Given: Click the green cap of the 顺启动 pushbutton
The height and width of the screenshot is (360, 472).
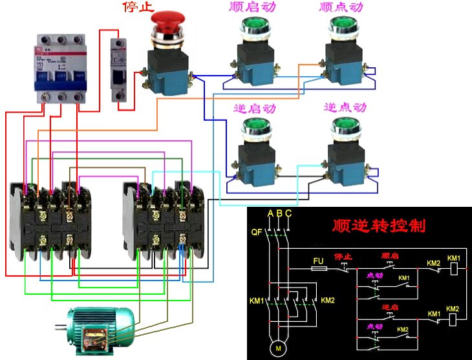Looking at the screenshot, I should tap(252, 26).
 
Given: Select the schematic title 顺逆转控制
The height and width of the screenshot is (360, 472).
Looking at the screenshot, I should tap(379, 226).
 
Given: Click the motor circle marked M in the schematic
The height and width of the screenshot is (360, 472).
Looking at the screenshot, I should tap(278, 348).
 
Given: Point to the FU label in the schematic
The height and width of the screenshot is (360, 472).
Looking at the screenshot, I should tap(318, 261).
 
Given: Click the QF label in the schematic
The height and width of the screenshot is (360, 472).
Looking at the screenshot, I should tap(256, 231).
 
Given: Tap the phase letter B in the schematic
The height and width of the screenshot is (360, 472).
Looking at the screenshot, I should tap(279, 213).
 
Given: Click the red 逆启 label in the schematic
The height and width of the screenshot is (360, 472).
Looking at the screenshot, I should tap(389, 306).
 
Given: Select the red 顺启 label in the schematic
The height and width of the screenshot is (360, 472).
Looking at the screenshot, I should tap(390, 256).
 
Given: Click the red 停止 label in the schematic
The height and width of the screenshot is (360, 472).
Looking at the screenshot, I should tap(343, 257).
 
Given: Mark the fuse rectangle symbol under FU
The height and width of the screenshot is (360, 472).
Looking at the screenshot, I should tap(318, 269).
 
